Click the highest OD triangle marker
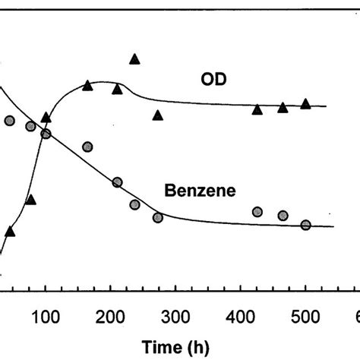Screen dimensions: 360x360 tap(135, 59)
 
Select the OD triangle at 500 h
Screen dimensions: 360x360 tap(306, 103)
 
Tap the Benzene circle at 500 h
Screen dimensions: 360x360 tap(306, 225)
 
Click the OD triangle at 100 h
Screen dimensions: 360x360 tap(46, 118)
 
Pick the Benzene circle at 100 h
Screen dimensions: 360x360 tap(46, 134)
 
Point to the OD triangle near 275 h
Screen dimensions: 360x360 tap(158, 115)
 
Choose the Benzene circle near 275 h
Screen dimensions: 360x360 tap(158, 218)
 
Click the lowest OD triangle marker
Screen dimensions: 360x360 tap(10, 231)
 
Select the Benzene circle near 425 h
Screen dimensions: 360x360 tap(257, 212)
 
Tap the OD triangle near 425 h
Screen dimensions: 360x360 tap(257, 110)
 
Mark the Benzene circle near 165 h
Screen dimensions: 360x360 tap(88, 147)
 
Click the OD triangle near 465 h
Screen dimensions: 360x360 tap(283, 108)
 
